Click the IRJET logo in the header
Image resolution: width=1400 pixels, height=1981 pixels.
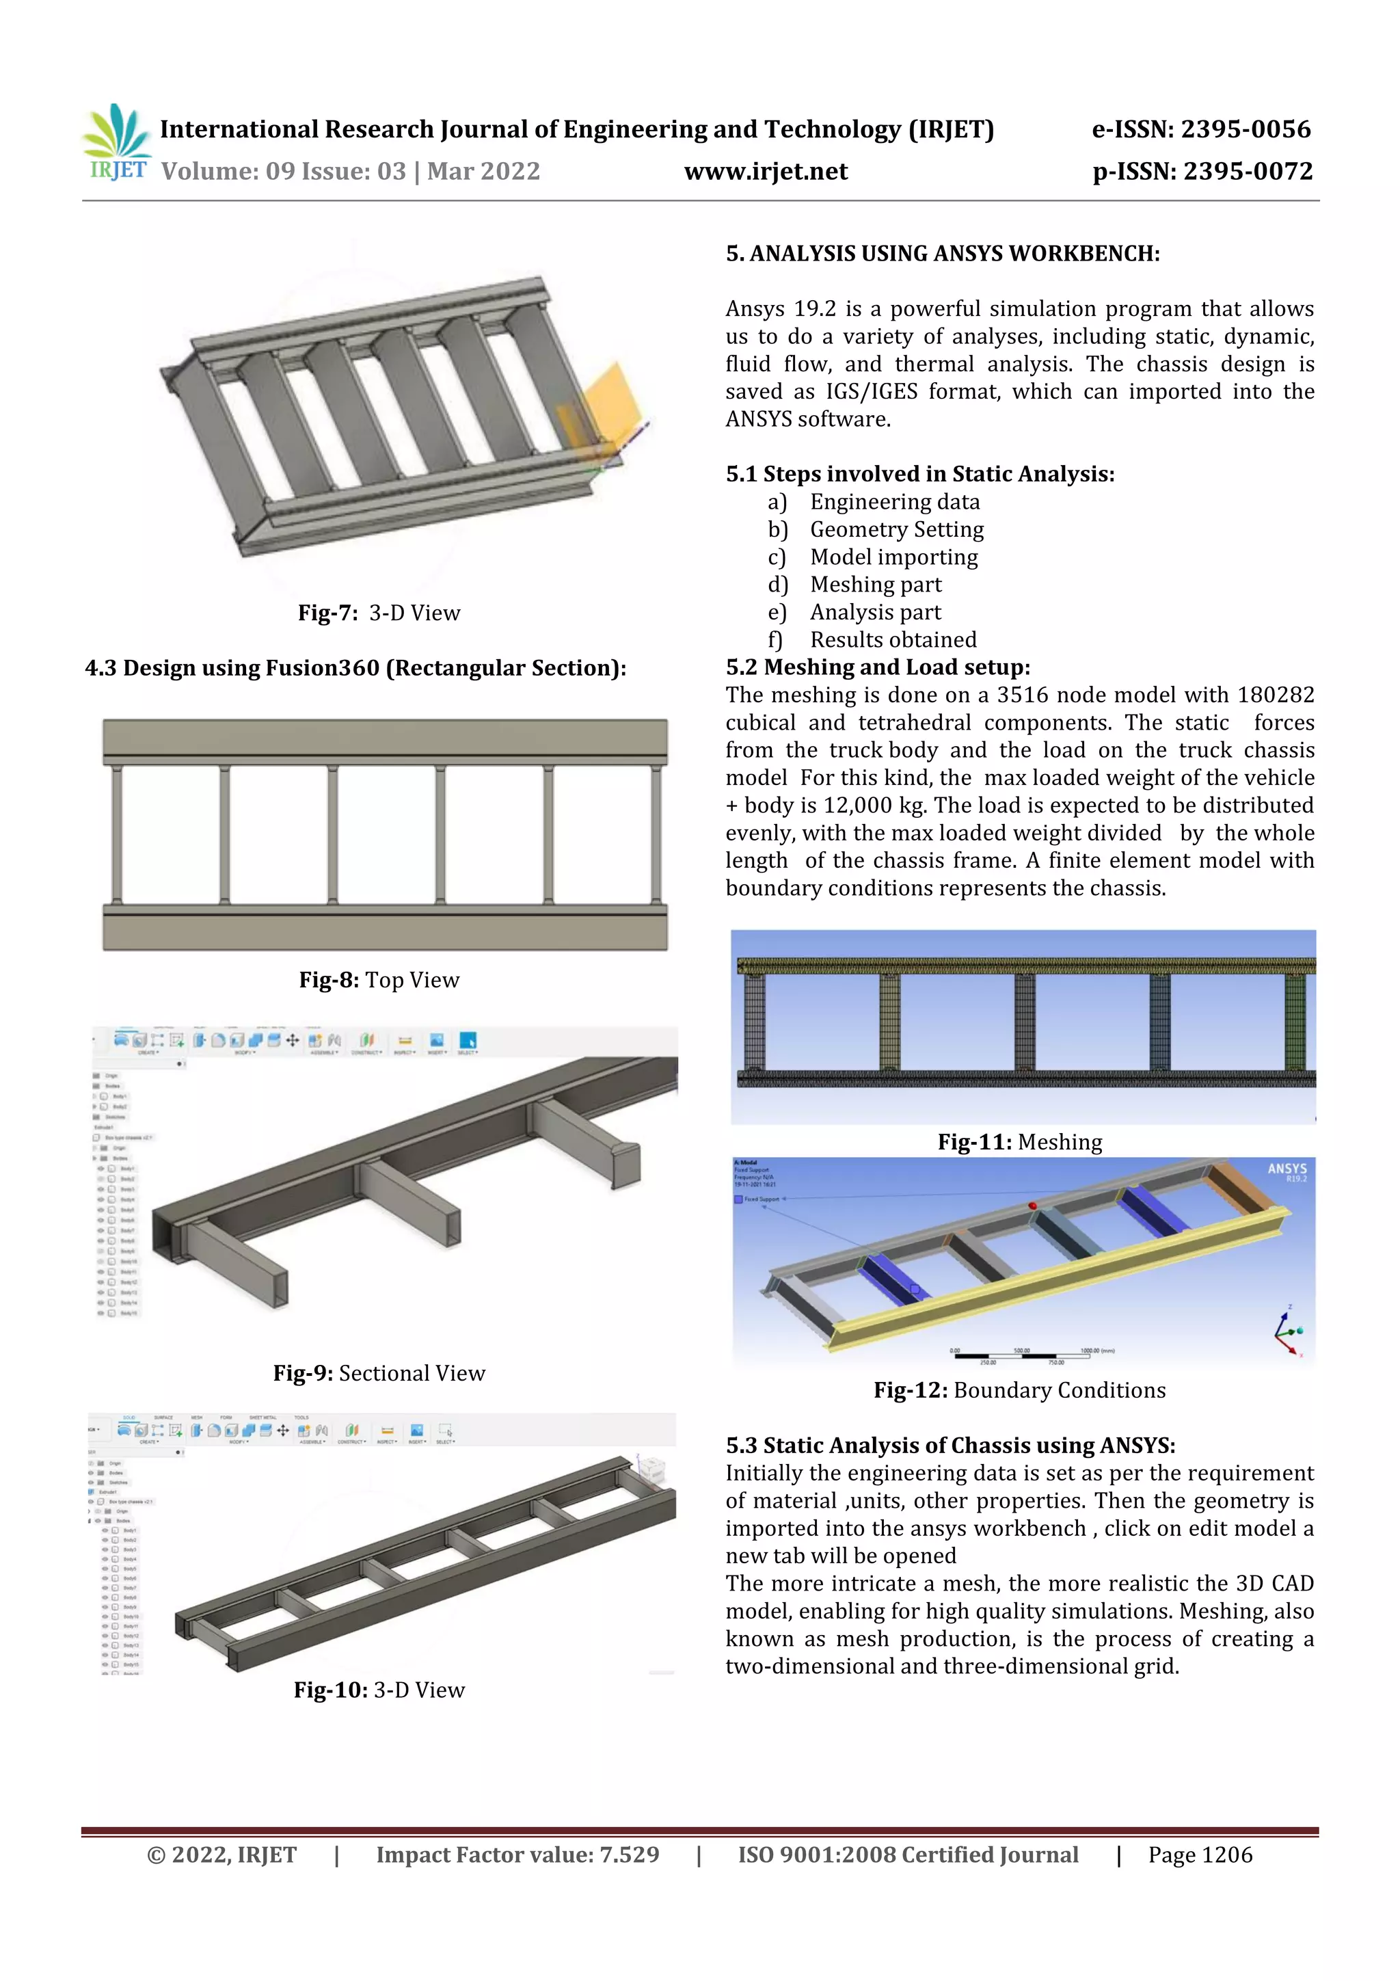(116, 142)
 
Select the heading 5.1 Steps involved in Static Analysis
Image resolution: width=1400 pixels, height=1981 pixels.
(919, 474)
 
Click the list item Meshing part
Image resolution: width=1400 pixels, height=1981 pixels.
(875, 584)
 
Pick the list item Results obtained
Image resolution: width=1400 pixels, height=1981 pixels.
(893, 639)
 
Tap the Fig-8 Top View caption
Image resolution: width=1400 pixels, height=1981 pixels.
(379, 979)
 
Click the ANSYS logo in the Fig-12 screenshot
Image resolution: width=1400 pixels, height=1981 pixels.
(1286, 1170)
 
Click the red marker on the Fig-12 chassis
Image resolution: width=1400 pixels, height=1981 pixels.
(1032, 1206)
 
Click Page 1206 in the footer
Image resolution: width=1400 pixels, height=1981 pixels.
(1200, 1855)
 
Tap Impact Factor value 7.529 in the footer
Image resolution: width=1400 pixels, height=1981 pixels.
(517, 1855)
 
